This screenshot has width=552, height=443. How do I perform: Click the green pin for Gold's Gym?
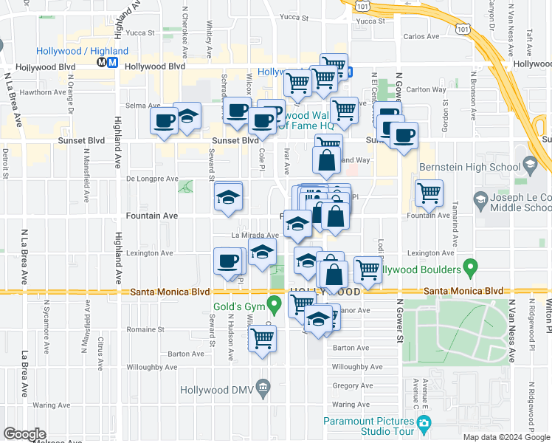pos(275,303)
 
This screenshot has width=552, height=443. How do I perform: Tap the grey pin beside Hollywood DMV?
pos(262,388)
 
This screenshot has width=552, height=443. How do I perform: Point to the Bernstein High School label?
pos(477,167)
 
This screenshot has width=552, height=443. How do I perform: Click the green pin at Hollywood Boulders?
pos(469,267)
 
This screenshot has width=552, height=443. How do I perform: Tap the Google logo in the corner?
pos(24,434)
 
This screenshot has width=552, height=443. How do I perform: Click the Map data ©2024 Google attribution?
pos(506,438)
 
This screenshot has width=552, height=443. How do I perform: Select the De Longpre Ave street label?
pos(152,179)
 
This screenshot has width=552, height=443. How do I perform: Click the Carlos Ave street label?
pos(421,36)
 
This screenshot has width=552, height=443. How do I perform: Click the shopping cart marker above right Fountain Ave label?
pos(429,193)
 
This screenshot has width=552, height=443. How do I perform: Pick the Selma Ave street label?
pos(137,106)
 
